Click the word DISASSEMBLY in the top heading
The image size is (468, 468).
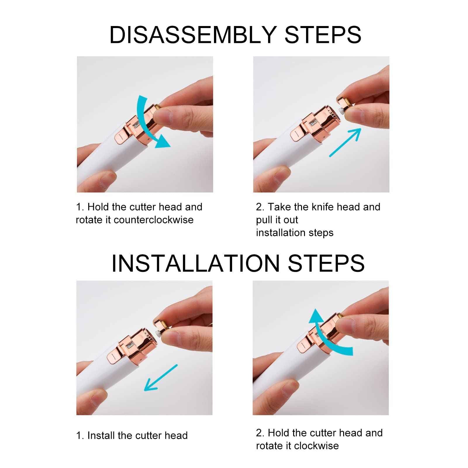(193, 35)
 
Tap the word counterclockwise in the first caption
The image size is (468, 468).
(153, 220)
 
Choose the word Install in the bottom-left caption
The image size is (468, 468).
(101, 436)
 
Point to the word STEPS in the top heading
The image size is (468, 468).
(323, 35)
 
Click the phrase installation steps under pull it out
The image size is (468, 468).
(294, 233)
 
